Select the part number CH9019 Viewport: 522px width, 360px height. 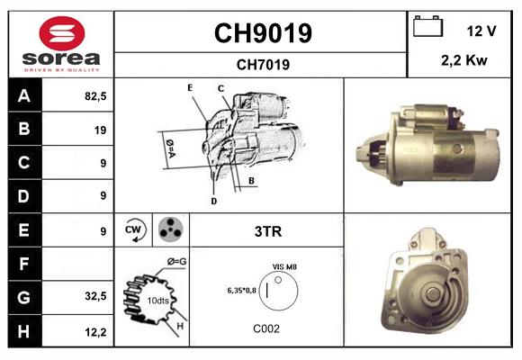click(x=262, y=33)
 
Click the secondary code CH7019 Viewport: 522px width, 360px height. click(x=262, y=64)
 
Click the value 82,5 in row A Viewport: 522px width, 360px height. click(x=94, y=96)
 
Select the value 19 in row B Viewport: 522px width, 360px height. click(x=100, y=130)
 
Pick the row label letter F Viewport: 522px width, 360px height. click(x=23, y=264)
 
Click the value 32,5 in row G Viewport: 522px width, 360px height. click(x=94, y=296)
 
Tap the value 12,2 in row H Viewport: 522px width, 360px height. click(x=94, y=330)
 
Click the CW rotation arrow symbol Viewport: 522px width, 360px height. click(x=134, y=230)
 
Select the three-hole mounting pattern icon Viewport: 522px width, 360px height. click(x=168, y=230)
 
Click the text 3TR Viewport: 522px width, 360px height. click(x=268, y=231)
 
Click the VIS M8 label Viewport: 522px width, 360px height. click(x=285, y=267)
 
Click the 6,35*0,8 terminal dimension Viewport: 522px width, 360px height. click(x=242, y=290)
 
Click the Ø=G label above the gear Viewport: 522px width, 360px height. click(x=177, y=262)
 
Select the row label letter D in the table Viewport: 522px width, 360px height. click(x=23, y=195)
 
